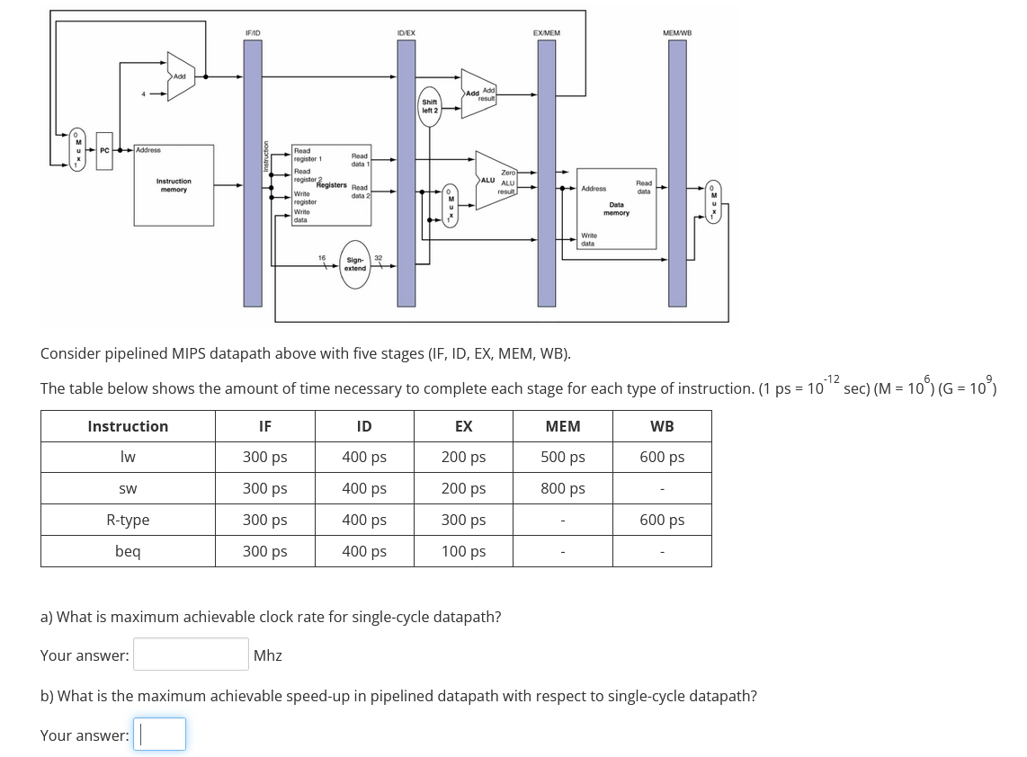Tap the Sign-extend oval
click(x=355, y=264)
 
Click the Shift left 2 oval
click(x=430, y=107)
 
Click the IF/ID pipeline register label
click(x=253, y=32)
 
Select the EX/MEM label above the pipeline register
click(x=546, y=32)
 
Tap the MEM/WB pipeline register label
click(x=676, y=32)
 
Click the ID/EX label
click(x=406, y=32)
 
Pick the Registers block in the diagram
click(x=330, y=186)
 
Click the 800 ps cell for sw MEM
click(x=562, y=489)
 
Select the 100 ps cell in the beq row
click(x=463, y=551)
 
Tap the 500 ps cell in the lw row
click(x=562, y=458)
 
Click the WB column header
click(x=662, y=426)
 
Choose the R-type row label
click(x=128, y=520)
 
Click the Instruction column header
click(x=128, y=426)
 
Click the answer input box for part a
click(x=191, y=655)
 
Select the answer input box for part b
click(x=159, y=735)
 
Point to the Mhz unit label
click(x=267, y=655)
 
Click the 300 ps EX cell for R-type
click(x=463, y=520)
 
